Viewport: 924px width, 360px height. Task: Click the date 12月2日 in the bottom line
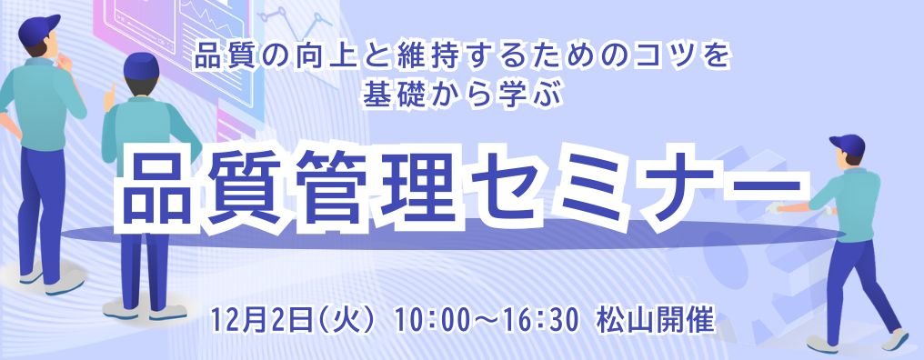click(258, 320)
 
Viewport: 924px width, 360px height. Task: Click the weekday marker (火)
click(345, 320)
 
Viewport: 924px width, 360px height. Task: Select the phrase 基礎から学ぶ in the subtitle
click(463, 93)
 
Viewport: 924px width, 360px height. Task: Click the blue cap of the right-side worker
click(847, 142)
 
